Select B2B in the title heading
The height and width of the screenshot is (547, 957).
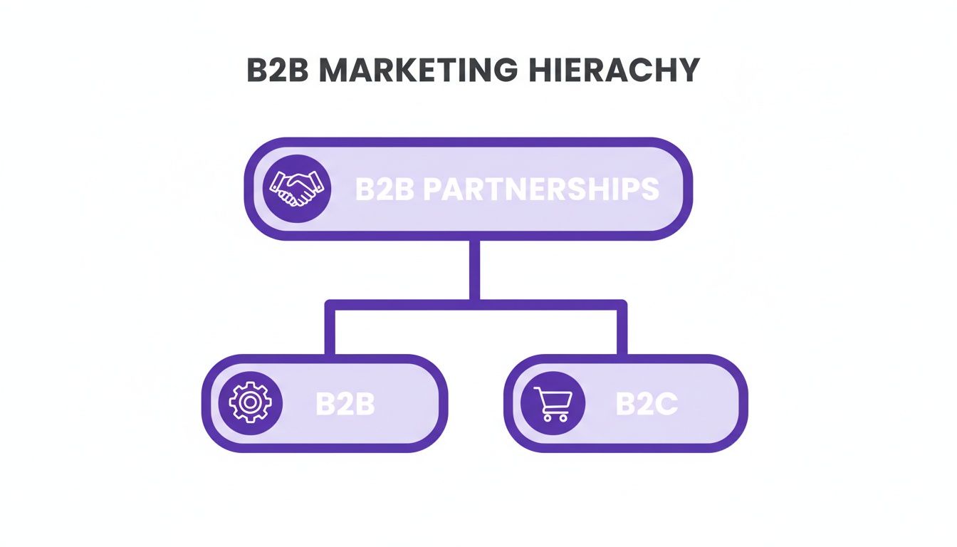point(278,70)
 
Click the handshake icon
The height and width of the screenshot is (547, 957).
point(297,189)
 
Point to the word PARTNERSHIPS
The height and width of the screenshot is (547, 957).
point(541,189)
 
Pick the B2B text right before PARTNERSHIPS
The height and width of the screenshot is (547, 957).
point(385,189)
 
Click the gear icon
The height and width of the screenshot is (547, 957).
point(250,402)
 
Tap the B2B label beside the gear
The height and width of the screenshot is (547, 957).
point(345,404)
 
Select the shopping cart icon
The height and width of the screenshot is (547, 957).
point(553,402)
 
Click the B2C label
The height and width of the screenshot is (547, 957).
point(647,404)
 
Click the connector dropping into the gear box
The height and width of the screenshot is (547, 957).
point(330,331)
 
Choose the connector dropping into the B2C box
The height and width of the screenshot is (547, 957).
point(622,331)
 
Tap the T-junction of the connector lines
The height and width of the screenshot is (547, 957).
point(474,304)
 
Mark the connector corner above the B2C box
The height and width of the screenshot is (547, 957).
point(622,306)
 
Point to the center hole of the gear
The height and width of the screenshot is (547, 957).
point(250,402)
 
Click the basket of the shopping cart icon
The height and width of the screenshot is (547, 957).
point(555,398)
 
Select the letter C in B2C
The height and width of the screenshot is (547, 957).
point(666,404)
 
